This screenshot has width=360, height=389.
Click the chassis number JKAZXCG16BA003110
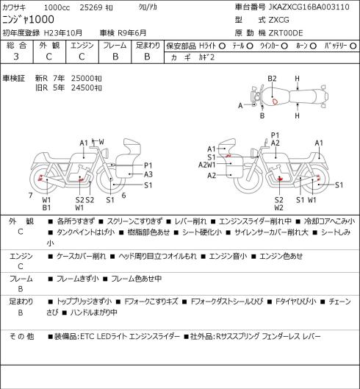pyautogui.click(x=309, y=7)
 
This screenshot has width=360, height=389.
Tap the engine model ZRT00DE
pyautogui.click(x=286, y=33)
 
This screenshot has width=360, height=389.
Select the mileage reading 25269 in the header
pyautogui.click(x=91, y=7)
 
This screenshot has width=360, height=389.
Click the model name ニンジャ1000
pyautogui.click(x=28, y=19)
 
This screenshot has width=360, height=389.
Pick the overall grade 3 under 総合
pyautogui.click(x=16, y=57)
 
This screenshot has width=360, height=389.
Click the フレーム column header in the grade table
pyautogui.click(x=115, y=46)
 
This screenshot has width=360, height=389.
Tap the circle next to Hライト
pyautogui.click(x=222, y=46)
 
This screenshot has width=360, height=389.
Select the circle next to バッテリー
pyautogui.click(x=353, y=46)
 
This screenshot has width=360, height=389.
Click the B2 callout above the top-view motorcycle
pyautogui.click(x=272, y=79)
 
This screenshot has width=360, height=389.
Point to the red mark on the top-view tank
pyautogui.click(x=275, y=101)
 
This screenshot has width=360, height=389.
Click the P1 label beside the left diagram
pyautogui.click(x=148, y=165)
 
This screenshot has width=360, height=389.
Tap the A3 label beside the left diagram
pyautogui.click(x=148, y=174)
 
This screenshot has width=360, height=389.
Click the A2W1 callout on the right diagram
pyautogui.click(x=207, y=165)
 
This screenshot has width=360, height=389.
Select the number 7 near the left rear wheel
pyautogui.click(x=31, y=196)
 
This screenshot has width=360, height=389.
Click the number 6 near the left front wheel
pyautogui.click(x=123, y=196)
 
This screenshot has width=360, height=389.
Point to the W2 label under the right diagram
pyautogui.click(x=279, y=207)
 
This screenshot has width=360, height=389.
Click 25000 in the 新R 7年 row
pyautogui.click(x=82, y=79)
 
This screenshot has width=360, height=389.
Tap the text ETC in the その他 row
pyautogui.click(x=87, y=336)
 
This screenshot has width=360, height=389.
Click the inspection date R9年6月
pyautogui.click(x=132, y=33)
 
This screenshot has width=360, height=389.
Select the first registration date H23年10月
pyautogui.click(x=62, y=33)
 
